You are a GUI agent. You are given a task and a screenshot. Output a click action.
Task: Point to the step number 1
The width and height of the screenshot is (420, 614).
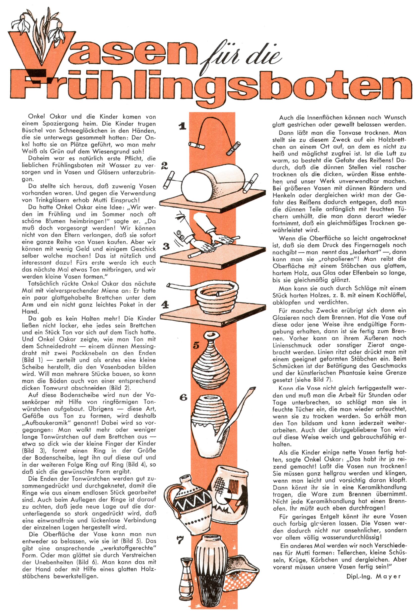[x=182, y=126]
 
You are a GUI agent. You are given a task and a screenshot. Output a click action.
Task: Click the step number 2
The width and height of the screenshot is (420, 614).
[x=164, y=166]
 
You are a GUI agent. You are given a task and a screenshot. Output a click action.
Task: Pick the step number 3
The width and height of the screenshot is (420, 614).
[x=166, y=246]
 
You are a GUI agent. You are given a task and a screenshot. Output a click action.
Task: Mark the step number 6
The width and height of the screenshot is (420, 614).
[x=183, y=397]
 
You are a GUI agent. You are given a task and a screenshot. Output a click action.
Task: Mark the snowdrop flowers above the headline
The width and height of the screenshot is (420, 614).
[x=40, y=26]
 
